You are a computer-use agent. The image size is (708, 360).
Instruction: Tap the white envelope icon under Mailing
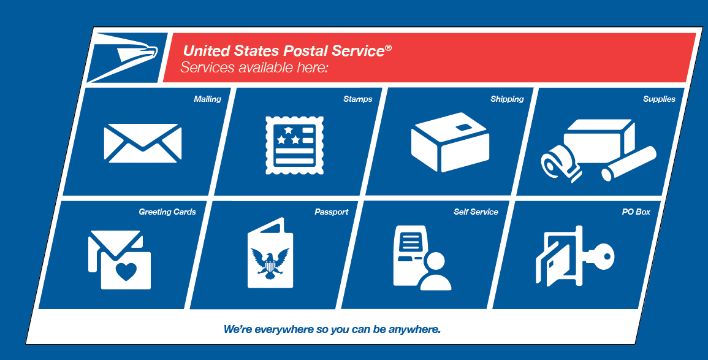tap(143, 143)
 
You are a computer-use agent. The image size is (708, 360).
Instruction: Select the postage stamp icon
tap(295, 145)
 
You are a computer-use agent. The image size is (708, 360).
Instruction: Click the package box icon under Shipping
tap(450, 142)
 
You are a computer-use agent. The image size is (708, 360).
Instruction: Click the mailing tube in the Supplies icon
tap(628, 163)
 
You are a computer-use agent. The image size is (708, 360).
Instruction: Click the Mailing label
tap(208, 99)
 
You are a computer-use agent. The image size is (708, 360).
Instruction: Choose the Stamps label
tap(358, 99)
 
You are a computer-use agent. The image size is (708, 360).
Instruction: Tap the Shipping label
tap(507, 99)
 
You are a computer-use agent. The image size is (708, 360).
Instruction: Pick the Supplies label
tap(659, 99)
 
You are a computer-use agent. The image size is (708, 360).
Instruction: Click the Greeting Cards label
tap(167, 212)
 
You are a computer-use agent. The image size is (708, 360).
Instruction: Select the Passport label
tap(332, 212)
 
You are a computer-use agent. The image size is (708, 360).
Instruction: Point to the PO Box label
tap(636, 212)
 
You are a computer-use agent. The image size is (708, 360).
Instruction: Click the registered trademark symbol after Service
tap(388, 47)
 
